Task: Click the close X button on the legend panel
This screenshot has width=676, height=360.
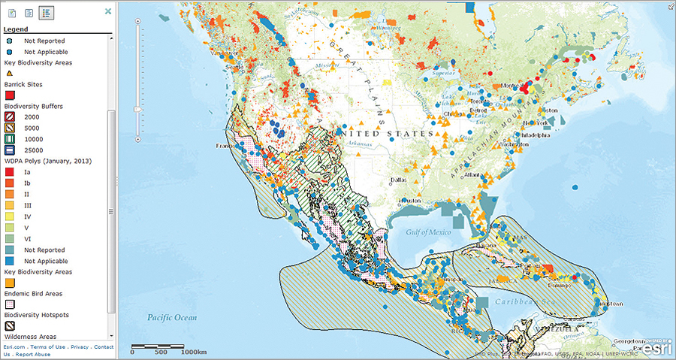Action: click(108, 12)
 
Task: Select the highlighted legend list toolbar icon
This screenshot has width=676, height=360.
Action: click(47, 13)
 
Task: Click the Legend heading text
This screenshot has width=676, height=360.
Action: click(16, 29)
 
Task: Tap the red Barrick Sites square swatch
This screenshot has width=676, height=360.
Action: click(10, 95)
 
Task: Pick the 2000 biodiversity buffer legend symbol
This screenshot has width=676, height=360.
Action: click(10, 117)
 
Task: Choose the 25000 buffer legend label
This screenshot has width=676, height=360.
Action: click(34, 150)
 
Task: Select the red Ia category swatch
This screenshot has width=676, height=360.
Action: click(10, 172)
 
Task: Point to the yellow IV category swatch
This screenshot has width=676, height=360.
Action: click(10, 216)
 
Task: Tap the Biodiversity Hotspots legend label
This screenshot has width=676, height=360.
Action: click(37, 316)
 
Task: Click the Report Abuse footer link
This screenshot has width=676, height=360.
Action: click(33, 354)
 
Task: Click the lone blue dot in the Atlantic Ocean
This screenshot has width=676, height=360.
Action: click(575, 186)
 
